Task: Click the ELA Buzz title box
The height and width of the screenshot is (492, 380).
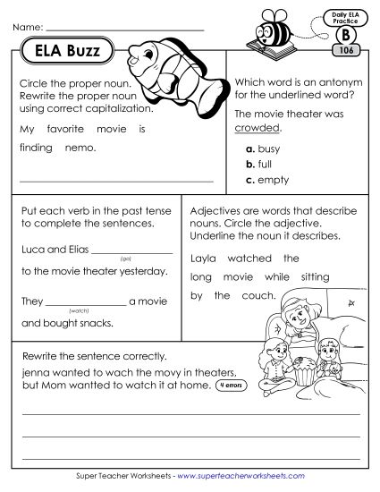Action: tap(67, 50)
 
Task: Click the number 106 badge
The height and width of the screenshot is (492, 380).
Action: tap(345, 51)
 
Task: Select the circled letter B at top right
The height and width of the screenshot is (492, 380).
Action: tap(345, 35)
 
